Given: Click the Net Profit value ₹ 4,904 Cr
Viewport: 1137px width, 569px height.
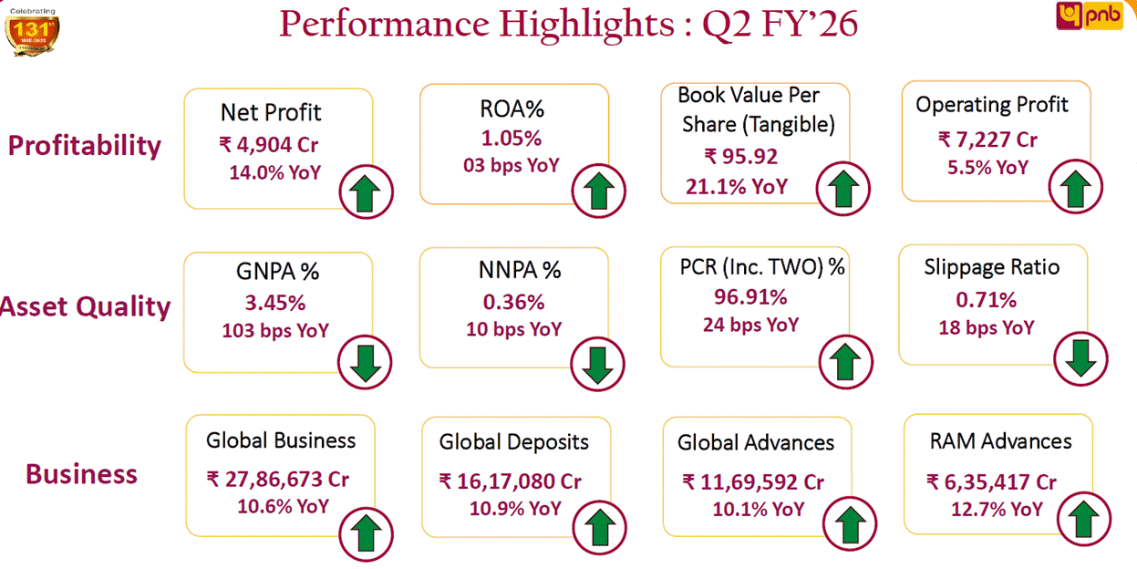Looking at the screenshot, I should point(268,144).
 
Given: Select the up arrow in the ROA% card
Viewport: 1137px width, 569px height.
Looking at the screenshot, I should point(597,191).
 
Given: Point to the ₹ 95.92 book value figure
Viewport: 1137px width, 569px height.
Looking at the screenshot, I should point(740,156).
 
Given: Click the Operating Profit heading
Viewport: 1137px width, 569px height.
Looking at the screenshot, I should point(992,104).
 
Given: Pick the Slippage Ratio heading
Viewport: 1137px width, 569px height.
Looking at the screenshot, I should point(991,267).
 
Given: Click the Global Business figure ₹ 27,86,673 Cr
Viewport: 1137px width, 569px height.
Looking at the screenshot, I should point(277,479).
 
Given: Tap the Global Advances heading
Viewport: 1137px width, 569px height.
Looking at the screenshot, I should point(755,443).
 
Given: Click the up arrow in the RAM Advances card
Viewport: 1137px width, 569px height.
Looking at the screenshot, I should point(1083,521).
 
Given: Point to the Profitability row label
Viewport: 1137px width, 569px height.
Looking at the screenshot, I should point(84,146).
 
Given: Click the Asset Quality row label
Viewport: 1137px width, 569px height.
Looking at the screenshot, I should point(86,307).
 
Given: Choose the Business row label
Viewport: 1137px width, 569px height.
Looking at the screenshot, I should point(81,474).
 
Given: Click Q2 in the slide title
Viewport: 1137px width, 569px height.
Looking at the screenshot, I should point(727,24).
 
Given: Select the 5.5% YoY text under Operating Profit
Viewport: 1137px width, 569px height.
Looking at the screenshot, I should point(985,168).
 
